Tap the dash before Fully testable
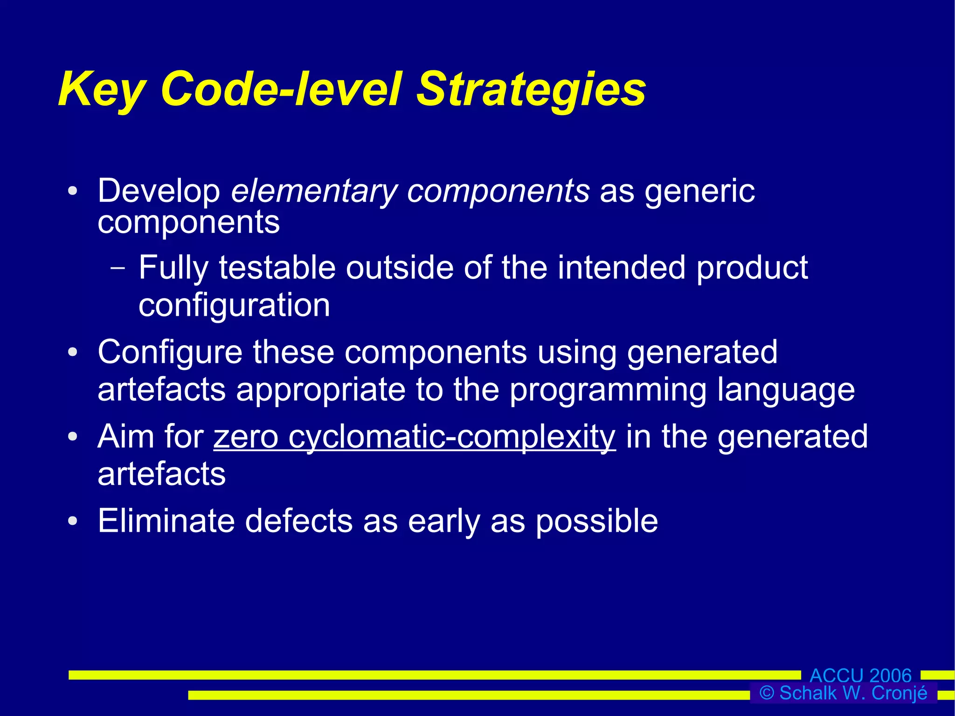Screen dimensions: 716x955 coord(118,269)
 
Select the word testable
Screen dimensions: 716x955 coord(277,268)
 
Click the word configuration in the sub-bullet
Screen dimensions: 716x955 coord(234,306)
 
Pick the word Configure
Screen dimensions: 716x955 coord(170,353)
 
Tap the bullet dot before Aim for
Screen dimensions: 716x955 coord(72,437)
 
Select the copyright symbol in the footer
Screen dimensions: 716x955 coord(767,693)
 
